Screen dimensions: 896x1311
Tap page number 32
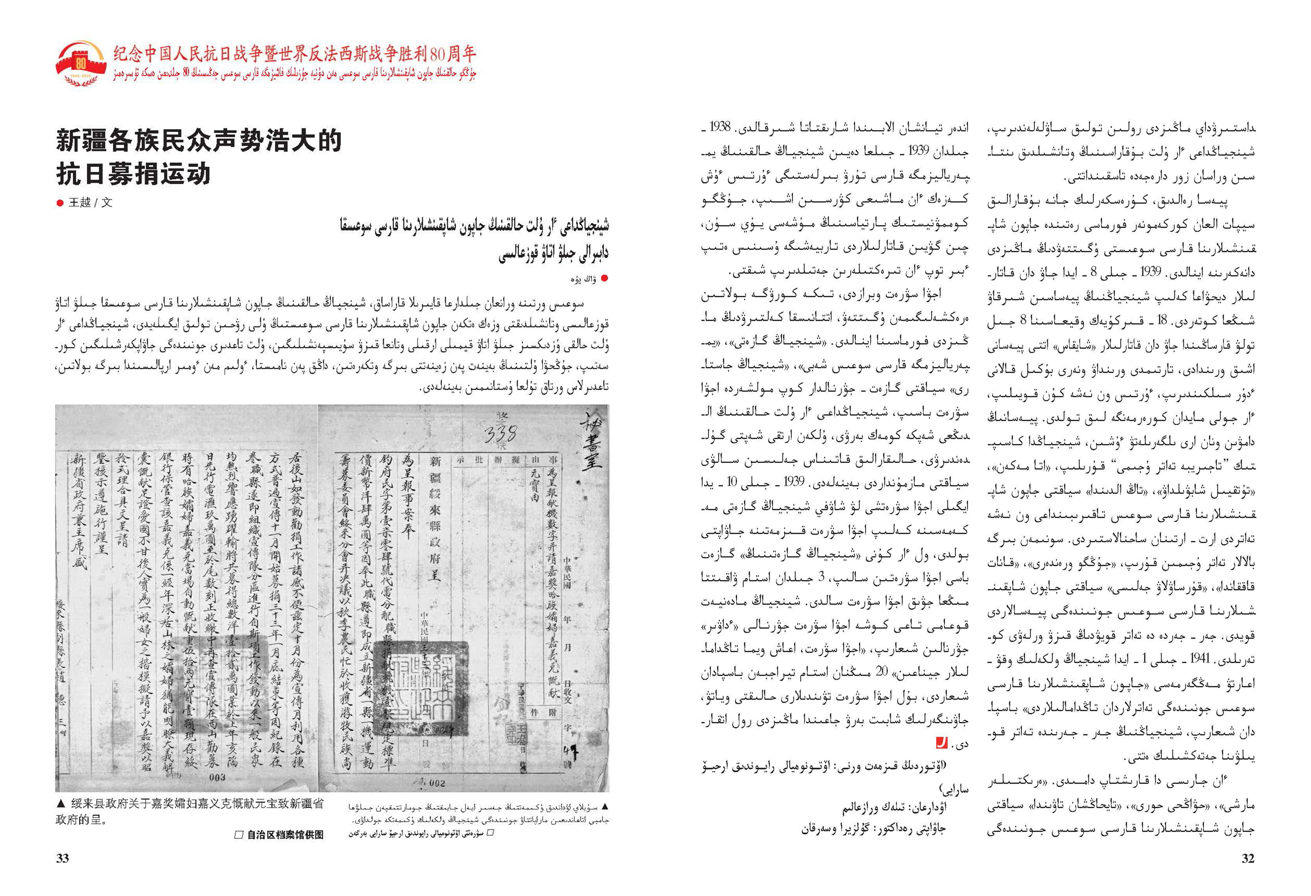[1248, 858]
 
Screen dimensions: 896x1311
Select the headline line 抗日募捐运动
[133, 174]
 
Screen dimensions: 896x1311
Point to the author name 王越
[80, 203]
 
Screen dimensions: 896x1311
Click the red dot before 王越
[60, 203]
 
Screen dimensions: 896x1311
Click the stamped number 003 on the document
[217, 777]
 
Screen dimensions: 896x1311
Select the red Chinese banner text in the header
[295, 54]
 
